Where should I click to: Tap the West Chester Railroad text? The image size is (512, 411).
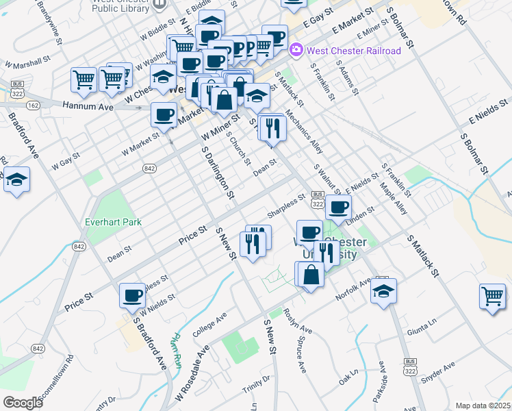pyautogui.click(x=354, y=51)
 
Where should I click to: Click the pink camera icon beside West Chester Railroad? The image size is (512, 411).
pyautogui.click(x=296, y=50)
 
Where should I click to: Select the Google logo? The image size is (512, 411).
pyautogui.click(x=23, y=403)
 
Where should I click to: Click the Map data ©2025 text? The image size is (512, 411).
pyautogui.click(x=483, y=406)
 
